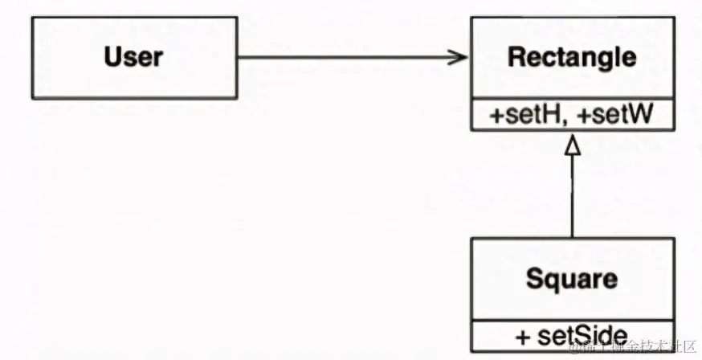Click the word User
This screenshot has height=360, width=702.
click(133, 57)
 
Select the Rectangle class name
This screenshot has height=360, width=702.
click(572, 58)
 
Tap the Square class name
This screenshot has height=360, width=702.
click(572, 279)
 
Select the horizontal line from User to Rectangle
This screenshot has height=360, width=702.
click(345, 57)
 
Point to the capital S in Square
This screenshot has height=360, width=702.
click(534, 279)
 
